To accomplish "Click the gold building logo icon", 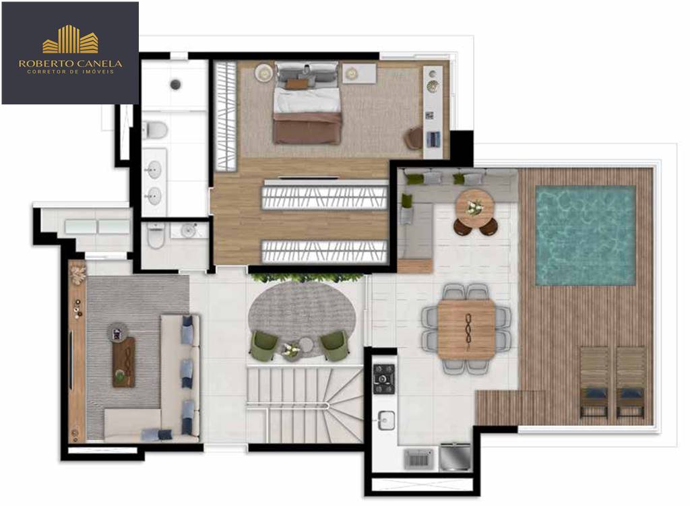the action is click(x=70, y=39).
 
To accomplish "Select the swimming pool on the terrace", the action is click(x=586, y=235).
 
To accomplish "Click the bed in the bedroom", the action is click(x=307, y=103).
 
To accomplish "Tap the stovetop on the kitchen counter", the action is click(x=383, y=379).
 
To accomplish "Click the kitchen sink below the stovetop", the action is click(x=386, y=420).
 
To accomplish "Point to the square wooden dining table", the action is click(x=466, y=329).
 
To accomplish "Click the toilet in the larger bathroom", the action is click(x=155, y=129).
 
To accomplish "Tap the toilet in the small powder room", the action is click(x=156, y=235).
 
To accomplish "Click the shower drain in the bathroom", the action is click(x=176, y=84).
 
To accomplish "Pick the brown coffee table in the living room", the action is click(x=124, y=362).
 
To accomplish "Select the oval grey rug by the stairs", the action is click(x=302, y=315).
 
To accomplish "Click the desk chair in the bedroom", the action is click(x=414, y=137).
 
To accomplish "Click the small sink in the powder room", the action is click(x=189, y=230).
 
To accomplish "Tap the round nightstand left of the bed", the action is click(x=264, y=73).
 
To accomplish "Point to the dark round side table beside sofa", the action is click(x=117, y=333).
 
